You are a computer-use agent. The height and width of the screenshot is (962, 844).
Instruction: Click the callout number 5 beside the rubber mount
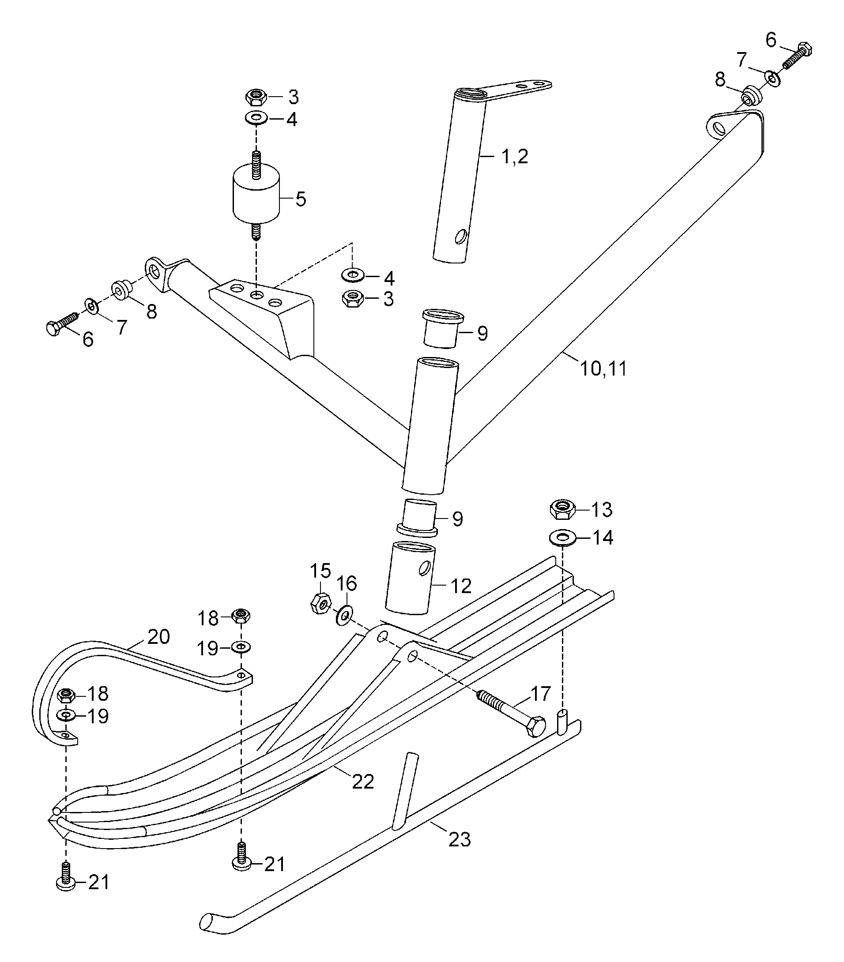300,199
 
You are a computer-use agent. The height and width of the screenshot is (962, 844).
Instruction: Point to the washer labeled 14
562,537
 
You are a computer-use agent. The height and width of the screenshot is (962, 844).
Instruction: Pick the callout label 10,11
603,368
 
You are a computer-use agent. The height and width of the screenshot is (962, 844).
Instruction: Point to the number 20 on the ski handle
158,637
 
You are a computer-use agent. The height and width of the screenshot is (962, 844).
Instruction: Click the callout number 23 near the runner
460,839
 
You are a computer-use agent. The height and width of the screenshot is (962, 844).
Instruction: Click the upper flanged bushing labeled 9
443,328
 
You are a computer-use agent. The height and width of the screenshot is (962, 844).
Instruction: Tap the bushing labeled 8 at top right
750,97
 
